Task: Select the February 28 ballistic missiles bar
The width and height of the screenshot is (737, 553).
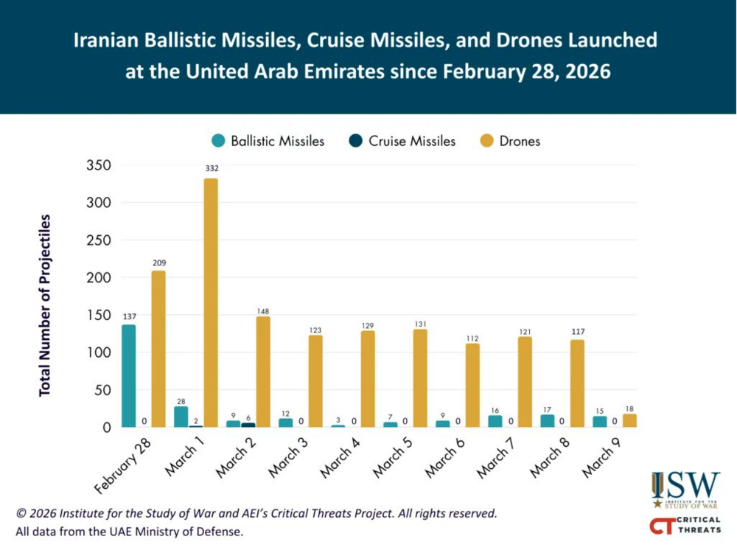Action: pos(128,375)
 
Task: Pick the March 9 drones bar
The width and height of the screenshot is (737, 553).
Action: pos(629,420)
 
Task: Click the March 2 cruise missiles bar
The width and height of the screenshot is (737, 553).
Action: pos(248,425)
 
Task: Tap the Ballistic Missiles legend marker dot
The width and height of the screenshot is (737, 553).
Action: pos(218,140)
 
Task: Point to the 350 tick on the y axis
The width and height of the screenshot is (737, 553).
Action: pos(98,165)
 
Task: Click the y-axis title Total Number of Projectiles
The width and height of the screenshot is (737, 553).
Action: pos(45,305)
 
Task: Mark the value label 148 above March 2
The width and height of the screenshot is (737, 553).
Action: pos(263,310)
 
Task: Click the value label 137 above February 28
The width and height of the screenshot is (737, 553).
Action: pos(128,316)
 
